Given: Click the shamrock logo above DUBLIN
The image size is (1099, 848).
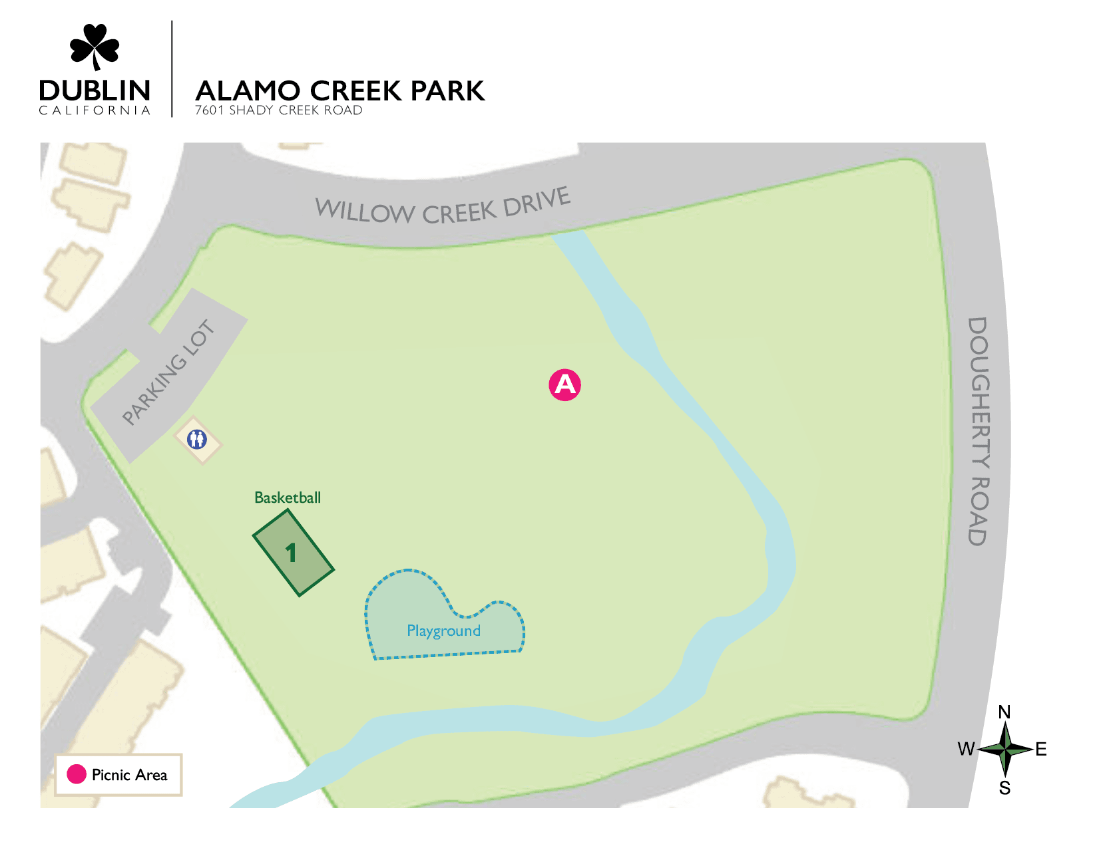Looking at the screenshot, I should (x=95, y=47).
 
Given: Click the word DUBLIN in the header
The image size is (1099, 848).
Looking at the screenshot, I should (x=95, y=90).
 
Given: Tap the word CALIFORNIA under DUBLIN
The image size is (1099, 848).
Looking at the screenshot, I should (x=95, y=110).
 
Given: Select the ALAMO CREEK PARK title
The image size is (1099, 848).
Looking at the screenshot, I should (x=340, y=91).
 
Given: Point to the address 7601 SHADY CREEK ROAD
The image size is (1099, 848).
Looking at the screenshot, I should (x=278, y=110).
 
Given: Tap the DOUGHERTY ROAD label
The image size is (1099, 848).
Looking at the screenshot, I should (x=977, y=431).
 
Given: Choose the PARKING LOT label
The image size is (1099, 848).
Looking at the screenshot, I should (x=169, y=372).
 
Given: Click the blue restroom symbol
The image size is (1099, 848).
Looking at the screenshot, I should (x=197, y=440).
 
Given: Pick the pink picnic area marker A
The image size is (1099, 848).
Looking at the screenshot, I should (x=564, y=384).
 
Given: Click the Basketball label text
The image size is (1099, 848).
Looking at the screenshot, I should (x=288, y=497).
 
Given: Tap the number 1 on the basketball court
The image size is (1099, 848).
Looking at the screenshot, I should (x=291, y=553).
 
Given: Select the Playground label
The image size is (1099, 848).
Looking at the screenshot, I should (x=443, y=631).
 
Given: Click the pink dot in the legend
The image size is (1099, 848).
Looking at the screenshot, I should (x=77, y=774).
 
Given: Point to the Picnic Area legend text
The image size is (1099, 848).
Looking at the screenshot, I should (x=129, y=775).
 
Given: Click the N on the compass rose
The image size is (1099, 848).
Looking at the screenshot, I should (x=1004, y=712).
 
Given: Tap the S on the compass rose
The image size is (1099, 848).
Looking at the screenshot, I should (x=1004, y=788).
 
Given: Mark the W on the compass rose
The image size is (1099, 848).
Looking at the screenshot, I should (x=966, y=750).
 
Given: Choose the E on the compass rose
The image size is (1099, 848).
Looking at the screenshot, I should (x=1041, y=750).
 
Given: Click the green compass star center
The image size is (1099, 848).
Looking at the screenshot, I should (x=1005, y=750).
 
